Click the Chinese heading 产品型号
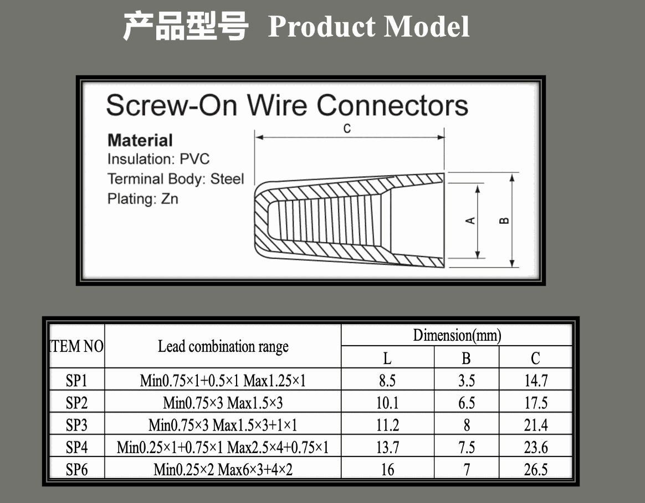[x=185, y=26]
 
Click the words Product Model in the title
[x=368, y=27]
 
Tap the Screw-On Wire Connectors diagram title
[x=287, y=105]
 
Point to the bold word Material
[x=140, y=140]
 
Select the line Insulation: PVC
[x=158, y=160]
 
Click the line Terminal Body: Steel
[x=176, y=179]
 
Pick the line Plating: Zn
[x=143, y=198]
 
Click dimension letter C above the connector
[x=347, y=129]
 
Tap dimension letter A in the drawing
[x=470, y=220]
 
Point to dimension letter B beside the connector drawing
[x=504, y=220]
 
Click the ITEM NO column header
[x=77, y=347]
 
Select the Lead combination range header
[x=223, y=347]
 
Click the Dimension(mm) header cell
[x=457, y=335]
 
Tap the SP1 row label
[x=77, y=381]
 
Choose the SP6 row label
[x=77, y=470]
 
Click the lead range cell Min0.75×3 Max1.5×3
[x=223, y=403]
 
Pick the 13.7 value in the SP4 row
[x=387, y=448]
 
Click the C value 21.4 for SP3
[x=535, y=425]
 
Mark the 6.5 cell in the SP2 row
[x=467, y=403]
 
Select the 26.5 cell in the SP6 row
[x=535, y=470]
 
